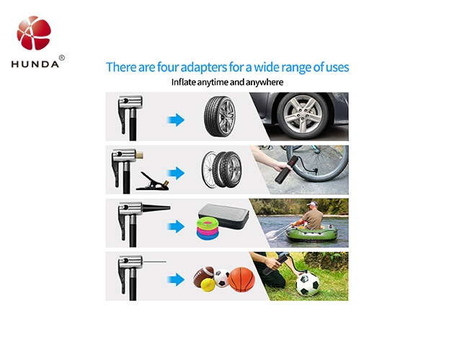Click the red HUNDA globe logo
34,32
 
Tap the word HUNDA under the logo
35,64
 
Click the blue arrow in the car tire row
176,120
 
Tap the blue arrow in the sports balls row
176,279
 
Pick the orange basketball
241,279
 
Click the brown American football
203,276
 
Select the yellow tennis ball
208,285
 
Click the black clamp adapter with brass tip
153,181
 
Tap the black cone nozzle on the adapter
156,208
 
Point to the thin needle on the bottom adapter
155,261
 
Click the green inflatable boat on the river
311,233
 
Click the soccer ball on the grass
308,284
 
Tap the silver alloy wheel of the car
303,115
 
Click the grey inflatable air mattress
223,215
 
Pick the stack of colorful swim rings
208,229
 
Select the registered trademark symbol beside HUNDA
62,58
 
